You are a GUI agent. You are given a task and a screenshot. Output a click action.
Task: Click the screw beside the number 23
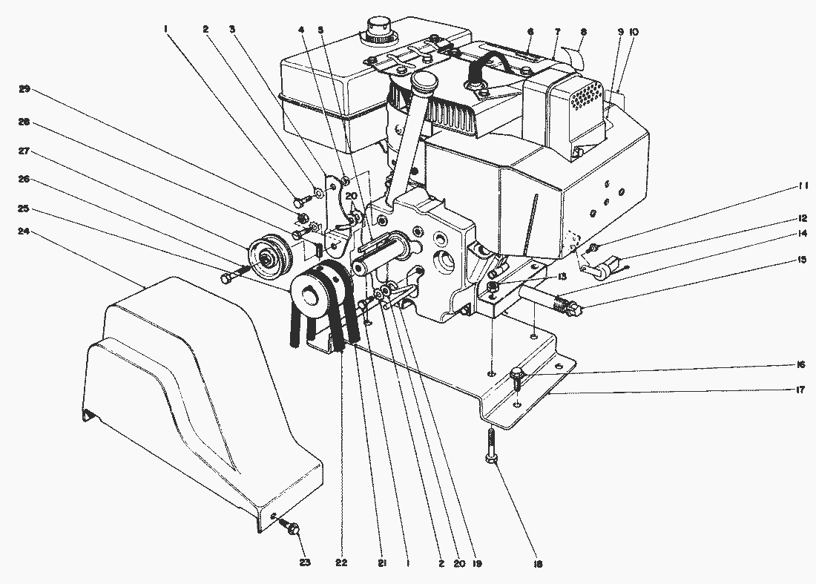click(x=290, y=528)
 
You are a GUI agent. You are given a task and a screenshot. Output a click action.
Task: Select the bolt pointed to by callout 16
click(x=518, y=375)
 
